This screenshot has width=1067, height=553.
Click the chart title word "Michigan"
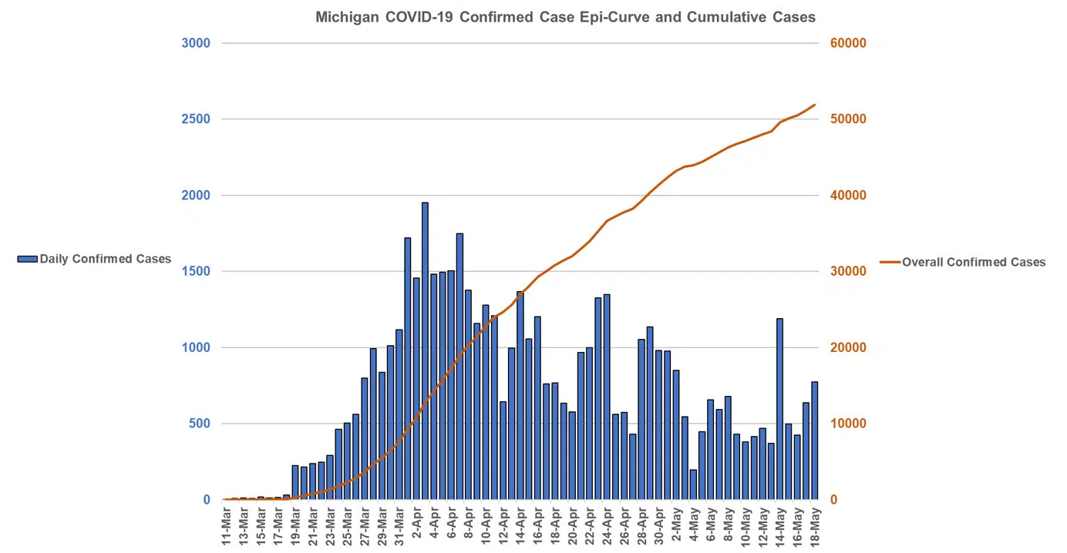(345, 17)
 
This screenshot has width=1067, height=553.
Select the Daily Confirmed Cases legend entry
(94, 259)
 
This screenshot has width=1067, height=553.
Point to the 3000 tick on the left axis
(196, 43)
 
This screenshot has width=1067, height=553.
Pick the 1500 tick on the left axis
(196, 271)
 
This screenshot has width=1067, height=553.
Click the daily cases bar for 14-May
(779, 408)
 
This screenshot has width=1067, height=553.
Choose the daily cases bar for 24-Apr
(607, 397)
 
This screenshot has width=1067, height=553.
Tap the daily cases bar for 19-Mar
(295, 482)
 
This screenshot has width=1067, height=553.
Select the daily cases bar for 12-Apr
(503, 450)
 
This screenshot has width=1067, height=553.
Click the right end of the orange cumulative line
(815, 105)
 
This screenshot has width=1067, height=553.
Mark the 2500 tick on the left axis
(196, 119)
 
